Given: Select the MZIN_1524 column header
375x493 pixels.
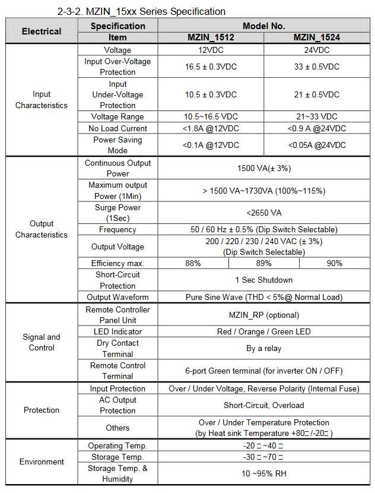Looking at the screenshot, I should click(x=317, y=37).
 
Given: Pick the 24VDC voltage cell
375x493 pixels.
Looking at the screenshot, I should click(x=317, y=50).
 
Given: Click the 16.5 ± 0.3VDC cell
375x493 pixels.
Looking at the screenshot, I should click(x=211, y=67).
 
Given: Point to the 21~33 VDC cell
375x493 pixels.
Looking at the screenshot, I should click(x=317, y=116).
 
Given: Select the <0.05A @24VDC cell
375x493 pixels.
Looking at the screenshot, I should click(x=317, y=145).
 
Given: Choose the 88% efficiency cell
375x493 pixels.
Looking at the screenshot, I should click(x=193, y=263).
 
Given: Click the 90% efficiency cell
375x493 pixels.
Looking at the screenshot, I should click(x=334, y=263).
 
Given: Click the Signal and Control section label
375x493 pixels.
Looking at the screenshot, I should click(x=42, y=342).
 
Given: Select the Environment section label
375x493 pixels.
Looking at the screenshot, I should click(x=42, y=462).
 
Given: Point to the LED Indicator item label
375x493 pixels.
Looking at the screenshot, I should click(x=117, y=331).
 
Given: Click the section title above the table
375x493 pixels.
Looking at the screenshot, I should click(x=141, y=11).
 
